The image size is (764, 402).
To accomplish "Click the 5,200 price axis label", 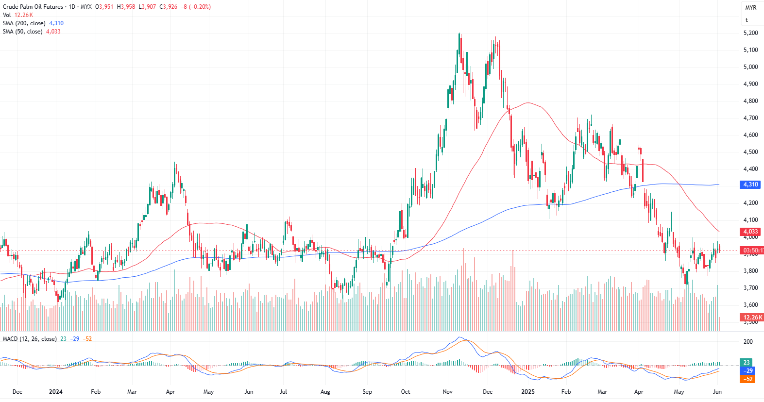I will pyautogui.click(x=750, y=33).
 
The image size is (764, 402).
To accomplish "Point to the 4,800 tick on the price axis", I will pyautogui.click(x=750, y=101).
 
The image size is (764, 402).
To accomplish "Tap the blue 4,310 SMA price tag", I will pyautogui.click(x=750, y=184).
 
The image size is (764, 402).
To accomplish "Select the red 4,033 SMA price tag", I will pyautogui.click(x=750, y=232).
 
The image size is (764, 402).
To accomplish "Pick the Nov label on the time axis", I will pyautogui.click(x=448, y=392).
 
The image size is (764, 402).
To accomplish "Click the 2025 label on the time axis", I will pyautogui.click(x=527, y=392).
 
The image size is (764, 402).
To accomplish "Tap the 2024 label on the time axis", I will pyautogui.click(x=56, y=392).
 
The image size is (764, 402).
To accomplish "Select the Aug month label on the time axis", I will pyautogui.click(x=325, y=392).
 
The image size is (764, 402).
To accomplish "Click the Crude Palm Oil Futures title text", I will pyautogui.click(x=33, y=7).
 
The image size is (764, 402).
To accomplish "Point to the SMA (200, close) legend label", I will pyautogui.click(x=24, y=23).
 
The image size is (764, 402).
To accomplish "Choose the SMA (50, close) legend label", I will pyautogui.click(x=22, y=32).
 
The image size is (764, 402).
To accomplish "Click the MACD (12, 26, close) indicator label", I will pyautogui.click(x=30, y=339).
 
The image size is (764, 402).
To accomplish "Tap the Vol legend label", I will pyautogui.click(x=7, y=15).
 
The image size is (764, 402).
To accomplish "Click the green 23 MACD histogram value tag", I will pyautogui.click(x=747, y=363).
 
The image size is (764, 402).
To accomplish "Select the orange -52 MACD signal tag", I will pyautogui.click(x=748, y=379).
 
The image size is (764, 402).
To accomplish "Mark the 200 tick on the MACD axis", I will pyautogui.click(x=748, y=342).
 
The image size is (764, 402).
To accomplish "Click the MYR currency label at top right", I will pyautogui.click(x=751, y=8).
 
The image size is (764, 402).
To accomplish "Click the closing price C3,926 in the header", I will pyautogui.click(x=169, y=7).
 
